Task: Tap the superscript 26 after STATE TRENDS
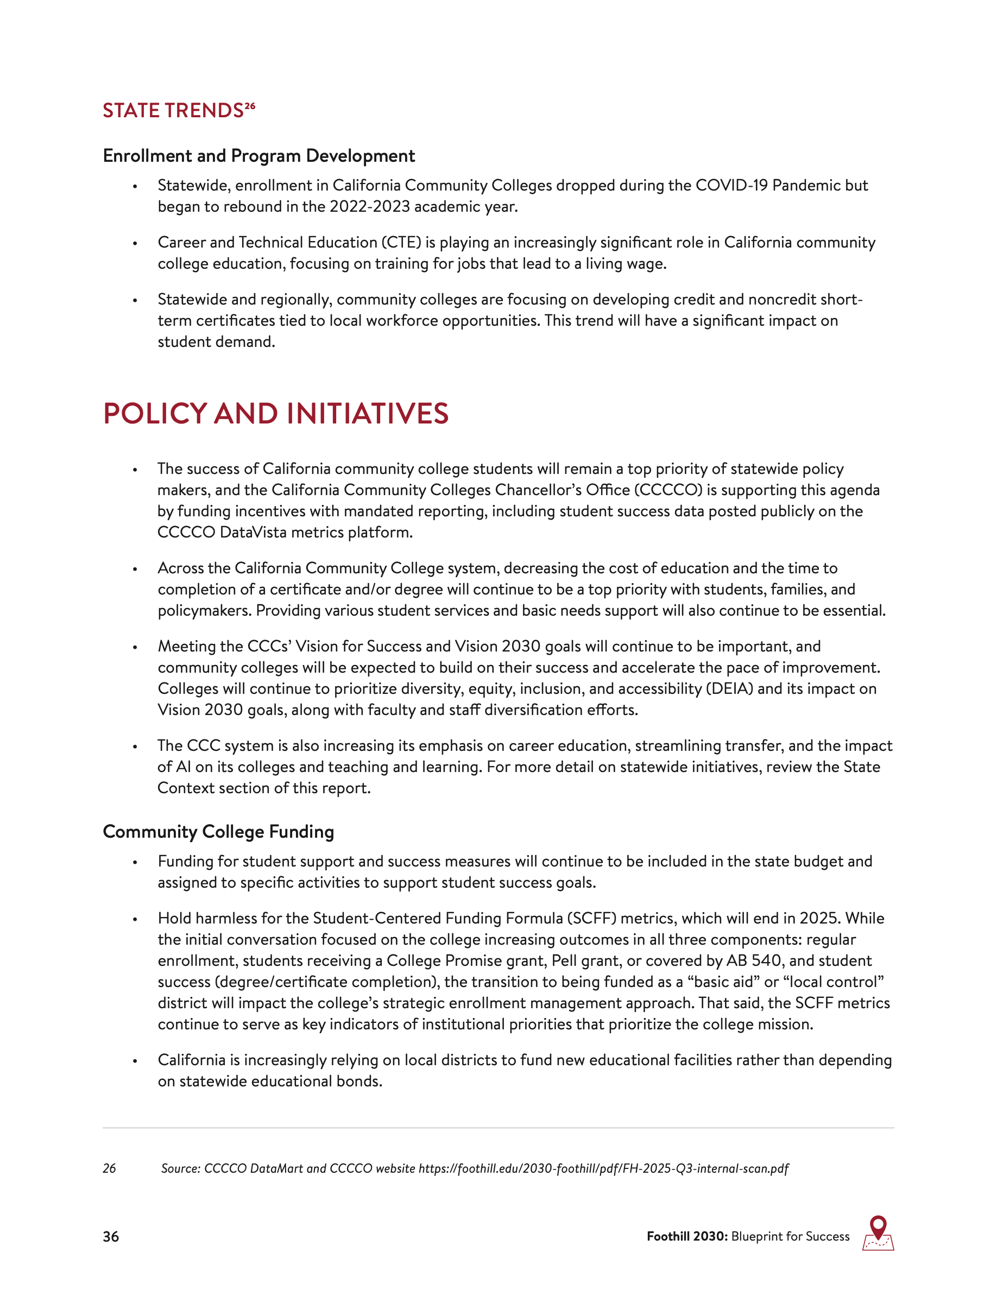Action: [x=250, y=106]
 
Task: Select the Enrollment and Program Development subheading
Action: [x=258, y=156]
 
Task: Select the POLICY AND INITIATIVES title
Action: [x=275, y=414]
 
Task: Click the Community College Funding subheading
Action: [x=218, y=832]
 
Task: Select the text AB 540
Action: [x=754, y=961]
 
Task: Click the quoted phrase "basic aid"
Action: [x=723, y=982]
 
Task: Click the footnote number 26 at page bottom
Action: [x=109, y=1168]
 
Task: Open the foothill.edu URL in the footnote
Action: [x=604, y=1168]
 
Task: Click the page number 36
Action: [x=110, y=1237]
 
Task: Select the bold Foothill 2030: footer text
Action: [x=687, y=1236]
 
